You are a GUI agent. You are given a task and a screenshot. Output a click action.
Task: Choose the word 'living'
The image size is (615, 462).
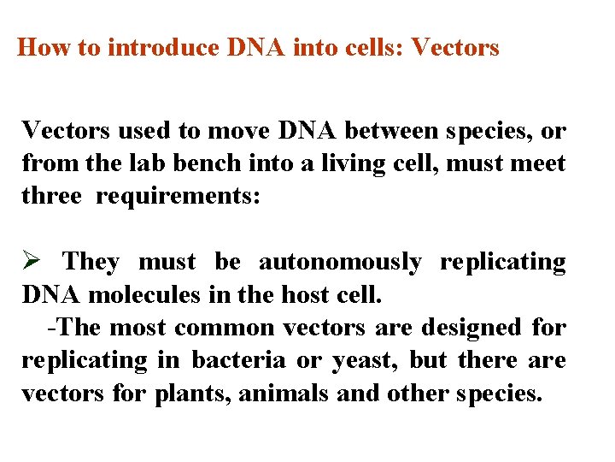pos(378,163)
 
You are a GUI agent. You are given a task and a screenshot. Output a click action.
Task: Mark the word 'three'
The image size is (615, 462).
pos(52,195)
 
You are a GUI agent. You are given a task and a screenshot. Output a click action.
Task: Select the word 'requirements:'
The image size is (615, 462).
pos(177,195)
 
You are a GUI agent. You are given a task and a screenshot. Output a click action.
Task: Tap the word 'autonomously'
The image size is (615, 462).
pos(340,262)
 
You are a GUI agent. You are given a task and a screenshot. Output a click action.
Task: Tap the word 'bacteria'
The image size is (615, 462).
pos(238,360)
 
